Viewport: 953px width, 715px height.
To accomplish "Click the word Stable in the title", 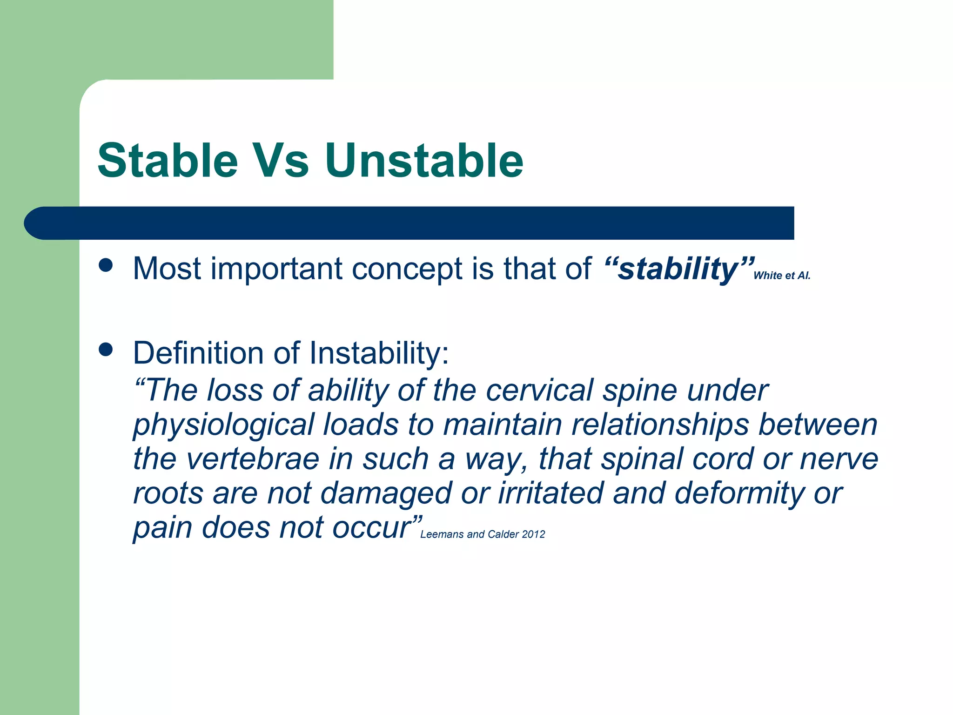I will [x=168, y=161].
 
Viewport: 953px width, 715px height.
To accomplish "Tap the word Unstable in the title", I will [x=424, y=161].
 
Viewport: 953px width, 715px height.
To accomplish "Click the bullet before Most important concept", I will [x=106, y=265].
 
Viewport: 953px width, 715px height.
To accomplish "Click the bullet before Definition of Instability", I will [x=106, y=350].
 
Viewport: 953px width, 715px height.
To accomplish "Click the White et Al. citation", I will [x=782, y=276].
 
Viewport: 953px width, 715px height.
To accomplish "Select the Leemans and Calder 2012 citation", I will [x=482, y=534].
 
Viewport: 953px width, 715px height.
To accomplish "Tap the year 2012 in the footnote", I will [x=533, y=534].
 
